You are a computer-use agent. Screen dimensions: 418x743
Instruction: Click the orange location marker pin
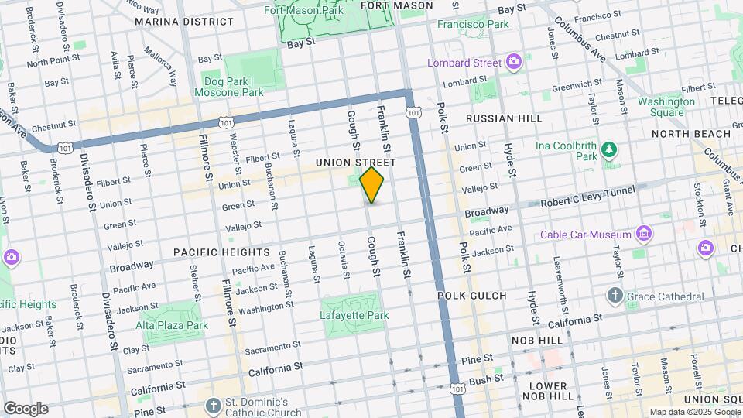[x=372, y=184]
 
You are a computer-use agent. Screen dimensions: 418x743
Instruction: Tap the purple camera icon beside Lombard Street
[x=513, y=62]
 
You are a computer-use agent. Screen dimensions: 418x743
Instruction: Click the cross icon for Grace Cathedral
[x=615, y=296]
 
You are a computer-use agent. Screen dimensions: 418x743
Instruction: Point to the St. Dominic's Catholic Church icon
[x=214, y=406]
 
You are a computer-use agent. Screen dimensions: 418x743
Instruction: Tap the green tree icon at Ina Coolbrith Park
[x=610, y=149]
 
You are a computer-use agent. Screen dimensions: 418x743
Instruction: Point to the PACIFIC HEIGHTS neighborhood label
[x=221, y=252]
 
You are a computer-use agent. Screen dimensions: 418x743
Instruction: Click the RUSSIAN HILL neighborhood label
[x=497, y=119]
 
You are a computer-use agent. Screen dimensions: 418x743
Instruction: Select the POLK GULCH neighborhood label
[x=471, y=296]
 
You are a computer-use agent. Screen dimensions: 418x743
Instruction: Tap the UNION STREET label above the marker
[x=356, y=163]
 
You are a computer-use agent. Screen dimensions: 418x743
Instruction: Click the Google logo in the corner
[x=26, y=408]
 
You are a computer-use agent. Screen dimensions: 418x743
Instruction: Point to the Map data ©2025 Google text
[x=693, y=412]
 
